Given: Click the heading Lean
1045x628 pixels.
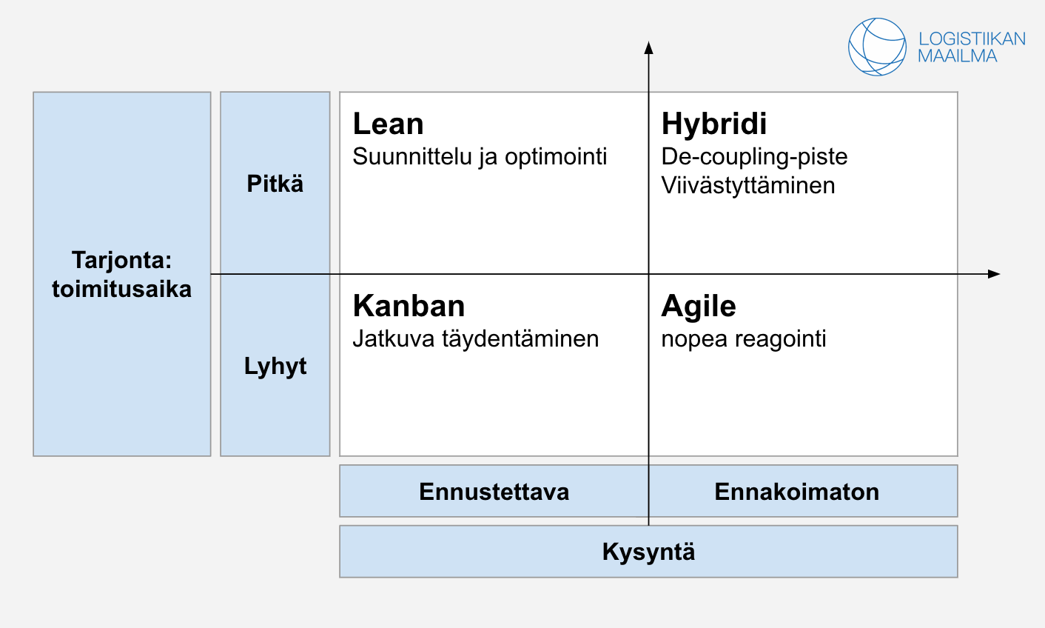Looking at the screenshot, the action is click(388, 124).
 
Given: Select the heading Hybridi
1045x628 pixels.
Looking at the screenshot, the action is click(713, 124).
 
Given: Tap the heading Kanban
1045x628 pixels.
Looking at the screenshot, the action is click(409, 306).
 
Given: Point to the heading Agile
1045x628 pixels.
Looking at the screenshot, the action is click(699, 307).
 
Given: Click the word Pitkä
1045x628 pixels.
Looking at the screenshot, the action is click(275, 184).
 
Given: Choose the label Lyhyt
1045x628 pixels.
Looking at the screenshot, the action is click(275, 367).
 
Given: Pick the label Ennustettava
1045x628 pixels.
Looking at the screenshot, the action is click(494, 492).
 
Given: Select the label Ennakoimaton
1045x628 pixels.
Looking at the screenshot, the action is click(797, 492).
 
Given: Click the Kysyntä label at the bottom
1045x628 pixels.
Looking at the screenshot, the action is click(648, 552).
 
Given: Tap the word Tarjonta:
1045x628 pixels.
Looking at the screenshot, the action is click(122, 260).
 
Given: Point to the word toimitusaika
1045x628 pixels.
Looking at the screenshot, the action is click(122, 289).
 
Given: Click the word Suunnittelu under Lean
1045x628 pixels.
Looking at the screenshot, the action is click(412, 156).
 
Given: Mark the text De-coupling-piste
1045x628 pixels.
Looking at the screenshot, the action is click(754, 157).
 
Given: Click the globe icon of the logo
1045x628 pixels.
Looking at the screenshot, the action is click(877, 47).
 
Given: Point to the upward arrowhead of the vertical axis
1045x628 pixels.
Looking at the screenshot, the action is click(648, 47).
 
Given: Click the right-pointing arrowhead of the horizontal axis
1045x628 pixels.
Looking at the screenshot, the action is click(994, 274).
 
